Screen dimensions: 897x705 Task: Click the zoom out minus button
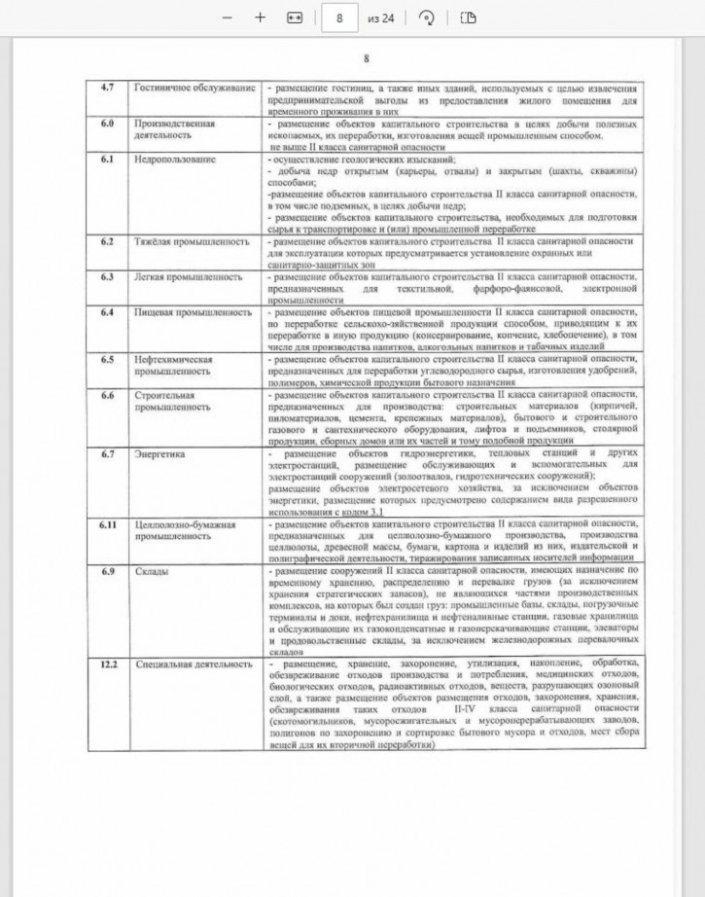(x=227, y=18)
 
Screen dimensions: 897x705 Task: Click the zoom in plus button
(x=260, y=18)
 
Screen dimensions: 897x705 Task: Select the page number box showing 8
(x=339, y=18)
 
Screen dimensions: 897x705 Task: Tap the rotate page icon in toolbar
(x=425, y=18)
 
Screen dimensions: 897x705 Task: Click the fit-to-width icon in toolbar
(x=295, y=18)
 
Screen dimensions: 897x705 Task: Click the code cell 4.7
(x=108, y=89)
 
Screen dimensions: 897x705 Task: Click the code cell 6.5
(x=108, y=359)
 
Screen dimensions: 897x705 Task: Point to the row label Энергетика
(x=159, y=453)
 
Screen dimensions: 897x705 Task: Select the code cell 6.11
(x=108, y=524)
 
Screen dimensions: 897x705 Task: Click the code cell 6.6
(x=108, y=395)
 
